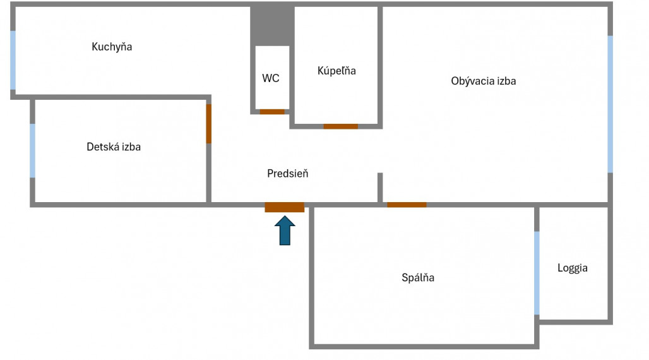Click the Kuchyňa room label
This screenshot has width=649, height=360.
click(x=112, y=47)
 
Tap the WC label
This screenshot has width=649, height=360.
click(x=271, y=78)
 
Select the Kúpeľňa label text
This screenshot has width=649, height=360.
click(x=336, y=71)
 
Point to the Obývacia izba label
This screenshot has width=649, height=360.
click(x=484, y=81)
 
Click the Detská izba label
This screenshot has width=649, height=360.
click(x=114, y=147)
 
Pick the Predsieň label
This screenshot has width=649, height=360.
click(x=288, y=173)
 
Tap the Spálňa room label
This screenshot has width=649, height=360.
click(x=418, y=277)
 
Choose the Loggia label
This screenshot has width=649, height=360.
click(x=573, y=268)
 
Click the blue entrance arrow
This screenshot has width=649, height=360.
click(x=285, y=231)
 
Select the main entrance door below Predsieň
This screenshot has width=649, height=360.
click(x=285, y=207)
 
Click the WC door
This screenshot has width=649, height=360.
click(x=273, y=112)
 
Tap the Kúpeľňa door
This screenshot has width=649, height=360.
click(x=341, y=126)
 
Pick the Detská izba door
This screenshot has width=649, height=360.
click(x=209, y=124)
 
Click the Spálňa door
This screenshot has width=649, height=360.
click(x=407, y=205)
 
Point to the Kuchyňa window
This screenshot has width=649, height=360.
click(x=13, y=61)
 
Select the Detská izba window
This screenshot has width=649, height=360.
click(x=33, y=150)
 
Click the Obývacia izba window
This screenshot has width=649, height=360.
click(x=610, y=104)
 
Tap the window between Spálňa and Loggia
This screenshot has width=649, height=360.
click(x=537, y=273)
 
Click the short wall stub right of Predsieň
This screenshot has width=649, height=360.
click(x=380, y=188)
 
